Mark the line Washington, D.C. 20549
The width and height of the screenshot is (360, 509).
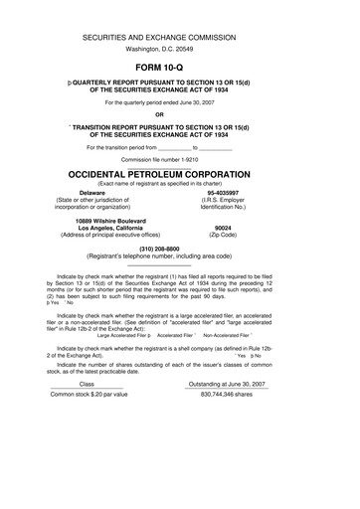(180, 47)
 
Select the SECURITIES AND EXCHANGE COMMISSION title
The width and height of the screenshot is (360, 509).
(180, 35)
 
